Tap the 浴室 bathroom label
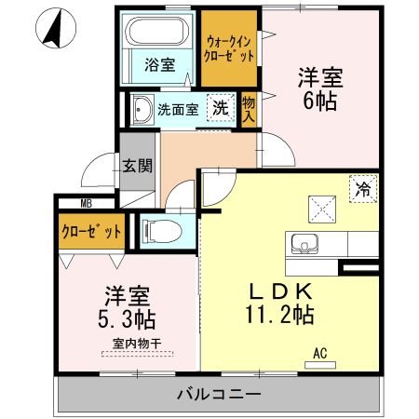coord(160,65)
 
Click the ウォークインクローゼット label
coord(230,47)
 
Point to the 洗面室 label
coord(177,109)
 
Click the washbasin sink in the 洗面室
coord(142,109)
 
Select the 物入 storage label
coord(249,108)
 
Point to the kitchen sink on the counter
coord(304,245)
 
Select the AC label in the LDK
coord(319,354)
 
